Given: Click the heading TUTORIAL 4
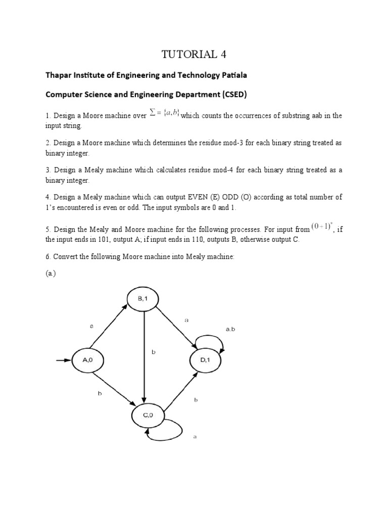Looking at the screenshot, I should coord(194,54).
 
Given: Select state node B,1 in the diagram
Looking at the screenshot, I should coord(144,299).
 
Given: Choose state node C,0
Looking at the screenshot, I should coord(147,416).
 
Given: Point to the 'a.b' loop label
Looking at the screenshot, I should coord(230,329).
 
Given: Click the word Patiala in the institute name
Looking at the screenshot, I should coord(233,75).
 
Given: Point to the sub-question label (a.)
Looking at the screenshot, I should coord(50,274).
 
